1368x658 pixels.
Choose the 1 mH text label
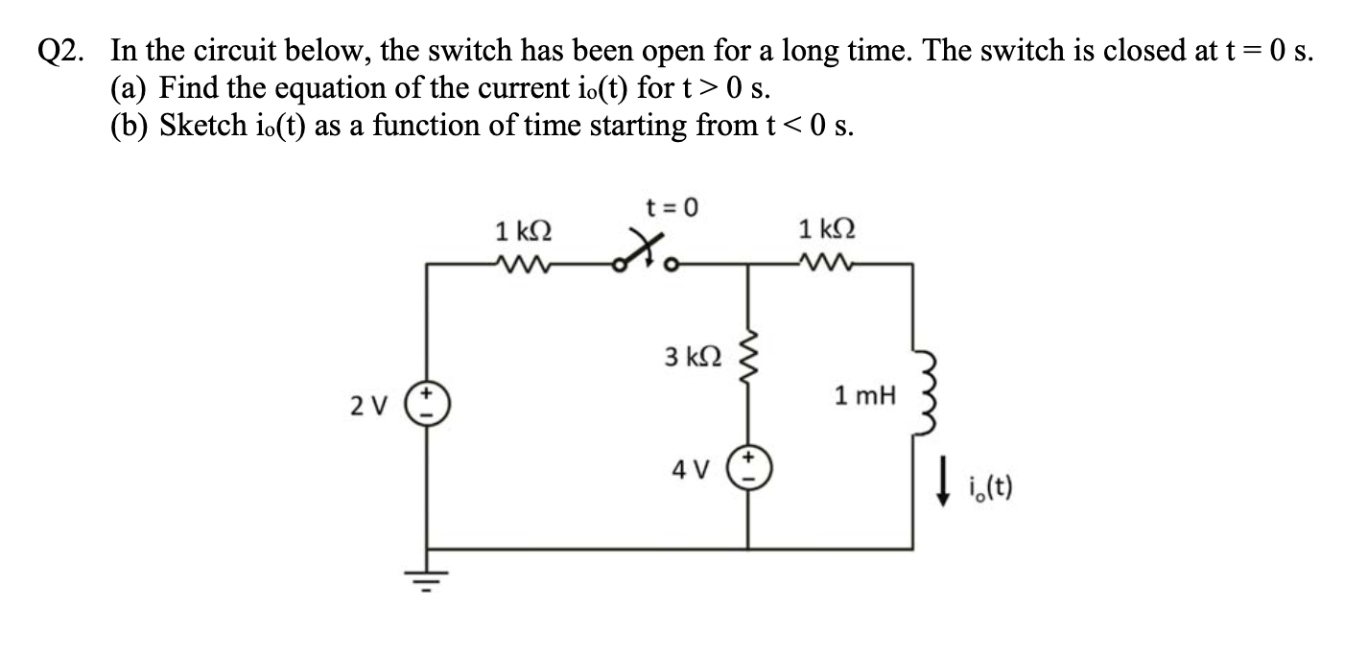pyautogui.click(x=863, y=395)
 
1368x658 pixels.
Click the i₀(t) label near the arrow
pyautogui.click(x=985, y=496)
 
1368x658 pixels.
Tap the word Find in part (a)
pyautogui.click(x=188, y=88)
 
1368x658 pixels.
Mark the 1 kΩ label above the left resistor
pyautogui.click(x=523, y=230)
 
